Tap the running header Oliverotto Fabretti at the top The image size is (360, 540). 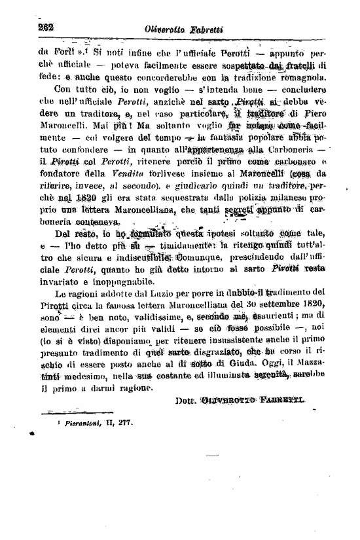tap(185, 27)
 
